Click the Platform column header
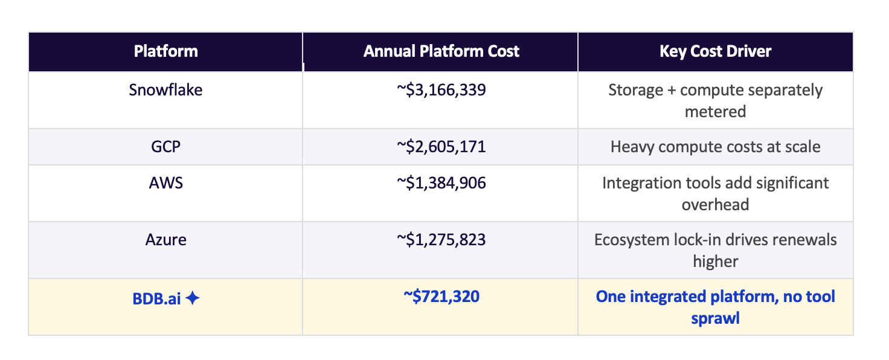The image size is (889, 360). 165,51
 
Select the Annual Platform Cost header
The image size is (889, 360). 441,51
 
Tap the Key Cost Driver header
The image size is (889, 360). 715,51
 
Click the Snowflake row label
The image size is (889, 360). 165,90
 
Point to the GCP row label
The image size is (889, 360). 165,146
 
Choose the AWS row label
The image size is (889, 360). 165,182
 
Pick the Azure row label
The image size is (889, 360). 165,239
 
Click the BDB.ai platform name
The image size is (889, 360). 158,298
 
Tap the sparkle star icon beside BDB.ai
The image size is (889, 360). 192,298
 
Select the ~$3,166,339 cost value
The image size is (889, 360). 441,90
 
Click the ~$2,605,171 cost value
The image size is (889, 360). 441,146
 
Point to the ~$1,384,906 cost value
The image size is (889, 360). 441,182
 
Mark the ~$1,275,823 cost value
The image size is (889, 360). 441,239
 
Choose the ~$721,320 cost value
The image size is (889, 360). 441,297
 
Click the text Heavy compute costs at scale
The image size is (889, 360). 715,146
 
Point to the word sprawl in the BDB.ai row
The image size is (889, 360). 715,318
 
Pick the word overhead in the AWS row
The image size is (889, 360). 715,204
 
